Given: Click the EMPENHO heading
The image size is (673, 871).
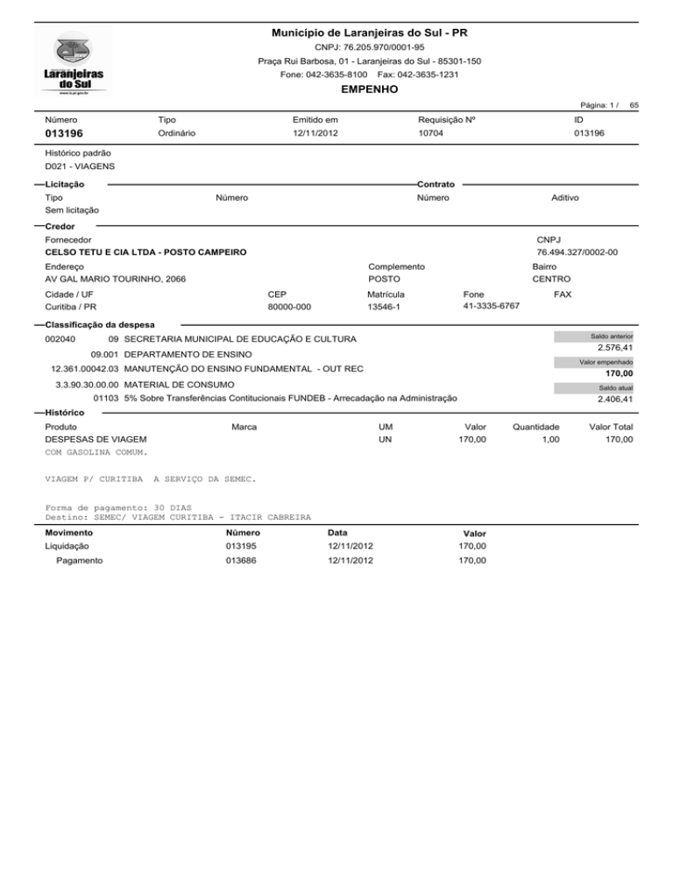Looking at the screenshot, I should [369, 89].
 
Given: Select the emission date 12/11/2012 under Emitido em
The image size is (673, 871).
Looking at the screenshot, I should [315, 133].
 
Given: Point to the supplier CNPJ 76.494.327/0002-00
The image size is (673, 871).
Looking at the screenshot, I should [577, 252].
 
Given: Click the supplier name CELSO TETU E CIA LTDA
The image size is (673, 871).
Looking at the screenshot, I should [145, 252].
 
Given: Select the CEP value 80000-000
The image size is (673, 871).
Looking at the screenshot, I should [288, 308].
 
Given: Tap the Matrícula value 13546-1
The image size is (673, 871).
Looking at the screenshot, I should [386, 308].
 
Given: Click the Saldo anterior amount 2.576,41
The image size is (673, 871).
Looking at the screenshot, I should [615, 348].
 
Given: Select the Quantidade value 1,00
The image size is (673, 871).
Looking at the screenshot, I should [549, 439].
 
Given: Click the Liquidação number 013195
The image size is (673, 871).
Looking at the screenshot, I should [241, 547].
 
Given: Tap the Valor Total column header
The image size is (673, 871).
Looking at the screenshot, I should [611, 426].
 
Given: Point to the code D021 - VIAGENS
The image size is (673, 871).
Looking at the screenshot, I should [80, 166].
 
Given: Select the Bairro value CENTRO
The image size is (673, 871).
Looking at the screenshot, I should [551, 280].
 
